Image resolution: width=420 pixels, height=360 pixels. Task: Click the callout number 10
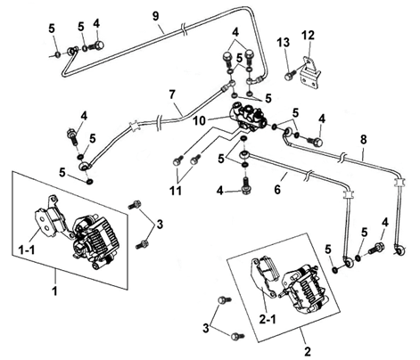pyautogui.click(x=199, y=121)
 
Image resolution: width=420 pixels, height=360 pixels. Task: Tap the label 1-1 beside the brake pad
pyautogui.click(x=26, y=250)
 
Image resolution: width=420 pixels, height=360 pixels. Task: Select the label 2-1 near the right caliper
pyautogui.click(x=268, y=320)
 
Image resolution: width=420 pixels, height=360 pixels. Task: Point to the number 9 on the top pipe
pyautogui.click(x=156, y=16)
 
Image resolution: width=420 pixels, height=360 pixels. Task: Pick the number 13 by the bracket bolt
pyautogui.click(x=284, y=43)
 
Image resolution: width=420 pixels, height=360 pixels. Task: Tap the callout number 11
pyautogui.click(x=176, y=191)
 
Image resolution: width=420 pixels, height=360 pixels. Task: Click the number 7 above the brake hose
pyautogui.click(x=172, y=94)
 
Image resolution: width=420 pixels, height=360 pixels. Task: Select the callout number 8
pyautogui.click(x=364, y=140)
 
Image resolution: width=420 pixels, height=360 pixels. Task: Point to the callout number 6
pyautogui.click(x=277, y=189)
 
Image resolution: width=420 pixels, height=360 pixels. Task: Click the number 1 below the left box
pyautogui.click(x=54, y=290)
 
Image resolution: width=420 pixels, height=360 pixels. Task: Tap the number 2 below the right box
pyautogui.click(x=308, y=351)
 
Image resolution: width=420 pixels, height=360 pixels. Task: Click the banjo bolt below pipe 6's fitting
pyautogui.click(x=245, y=185)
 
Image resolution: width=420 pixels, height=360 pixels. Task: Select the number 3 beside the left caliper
pyautogui.click(x=160, y=225)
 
